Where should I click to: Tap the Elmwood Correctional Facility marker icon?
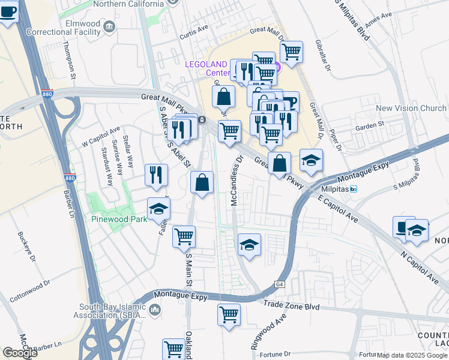pyautogui.click(x=109, y=25)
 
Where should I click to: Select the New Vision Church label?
pyautogui.click(x=411, y=109)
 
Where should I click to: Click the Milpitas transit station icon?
pyautogui.click(x=354, y=189)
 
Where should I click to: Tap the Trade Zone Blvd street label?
pyautogui.click(x=290, y=306)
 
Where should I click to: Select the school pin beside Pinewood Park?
pyautogui.click(x=159, y=208)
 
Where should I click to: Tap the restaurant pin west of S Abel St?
pyautogui.click(x=156, y=175)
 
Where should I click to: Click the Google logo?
pyautogui.click(x=20, y=353)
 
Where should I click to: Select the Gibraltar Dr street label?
pyautogui.click(x=327, y=59)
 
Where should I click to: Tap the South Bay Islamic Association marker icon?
pyautogui.click(x=155, y=309)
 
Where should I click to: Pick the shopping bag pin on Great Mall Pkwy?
pyautogui.click(x=280, y=163)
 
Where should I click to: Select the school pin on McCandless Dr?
pyautogui.click(x=249, y=244)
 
